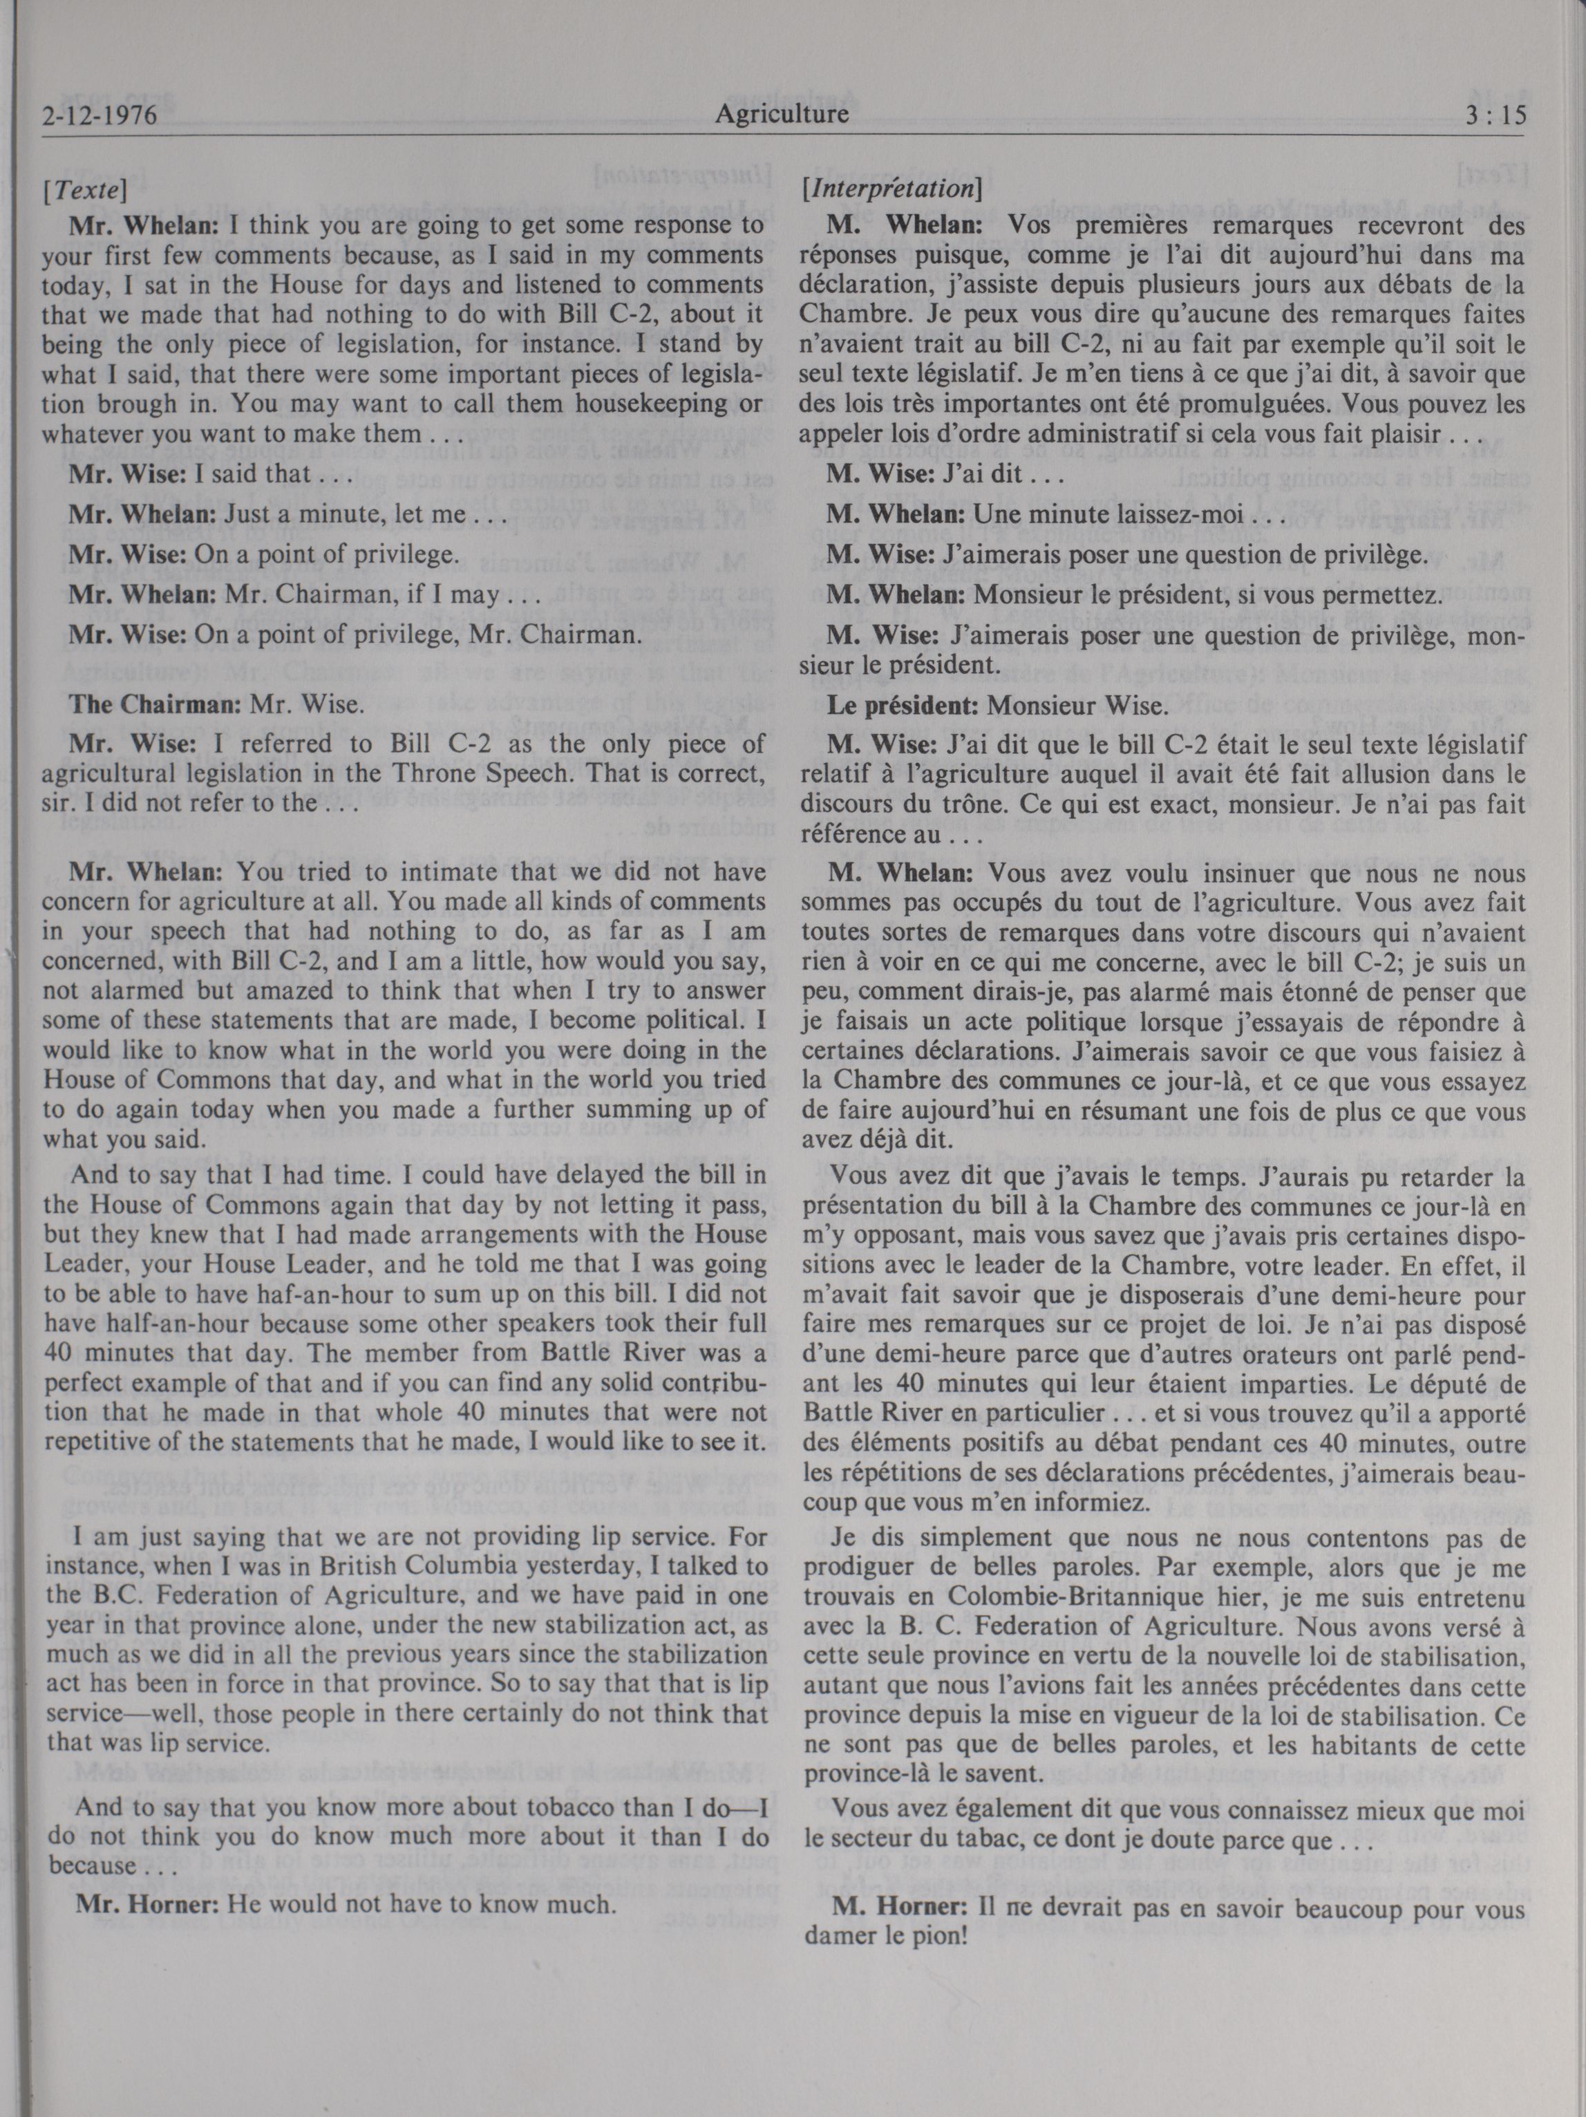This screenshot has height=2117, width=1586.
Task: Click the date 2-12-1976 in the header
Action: pos(100,117)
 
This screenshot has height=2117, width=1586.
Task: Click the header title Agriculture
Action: pos(782,115)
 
